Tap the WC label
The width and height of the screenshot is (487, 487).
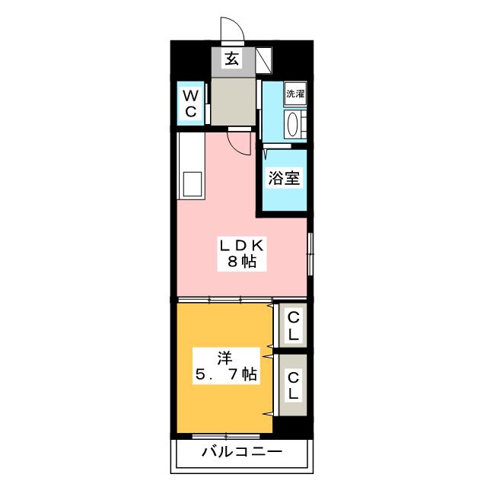[190, 103]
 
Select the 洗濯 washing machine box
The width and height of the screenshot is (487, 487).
[295, 94]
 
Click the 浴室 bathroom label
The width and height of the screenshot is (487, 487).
[285, 180]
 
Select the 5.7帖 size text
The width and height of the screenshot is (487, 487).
[225, 374]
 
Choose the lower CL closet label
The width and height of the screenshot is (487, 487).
[292, 386]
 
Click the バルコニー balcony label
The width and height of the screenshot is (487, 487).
[241, 453]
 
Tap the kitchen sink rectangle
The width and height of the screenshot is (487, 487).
[191, 184]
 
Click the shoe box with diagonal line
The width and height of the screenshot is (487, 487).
[265, 59]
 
